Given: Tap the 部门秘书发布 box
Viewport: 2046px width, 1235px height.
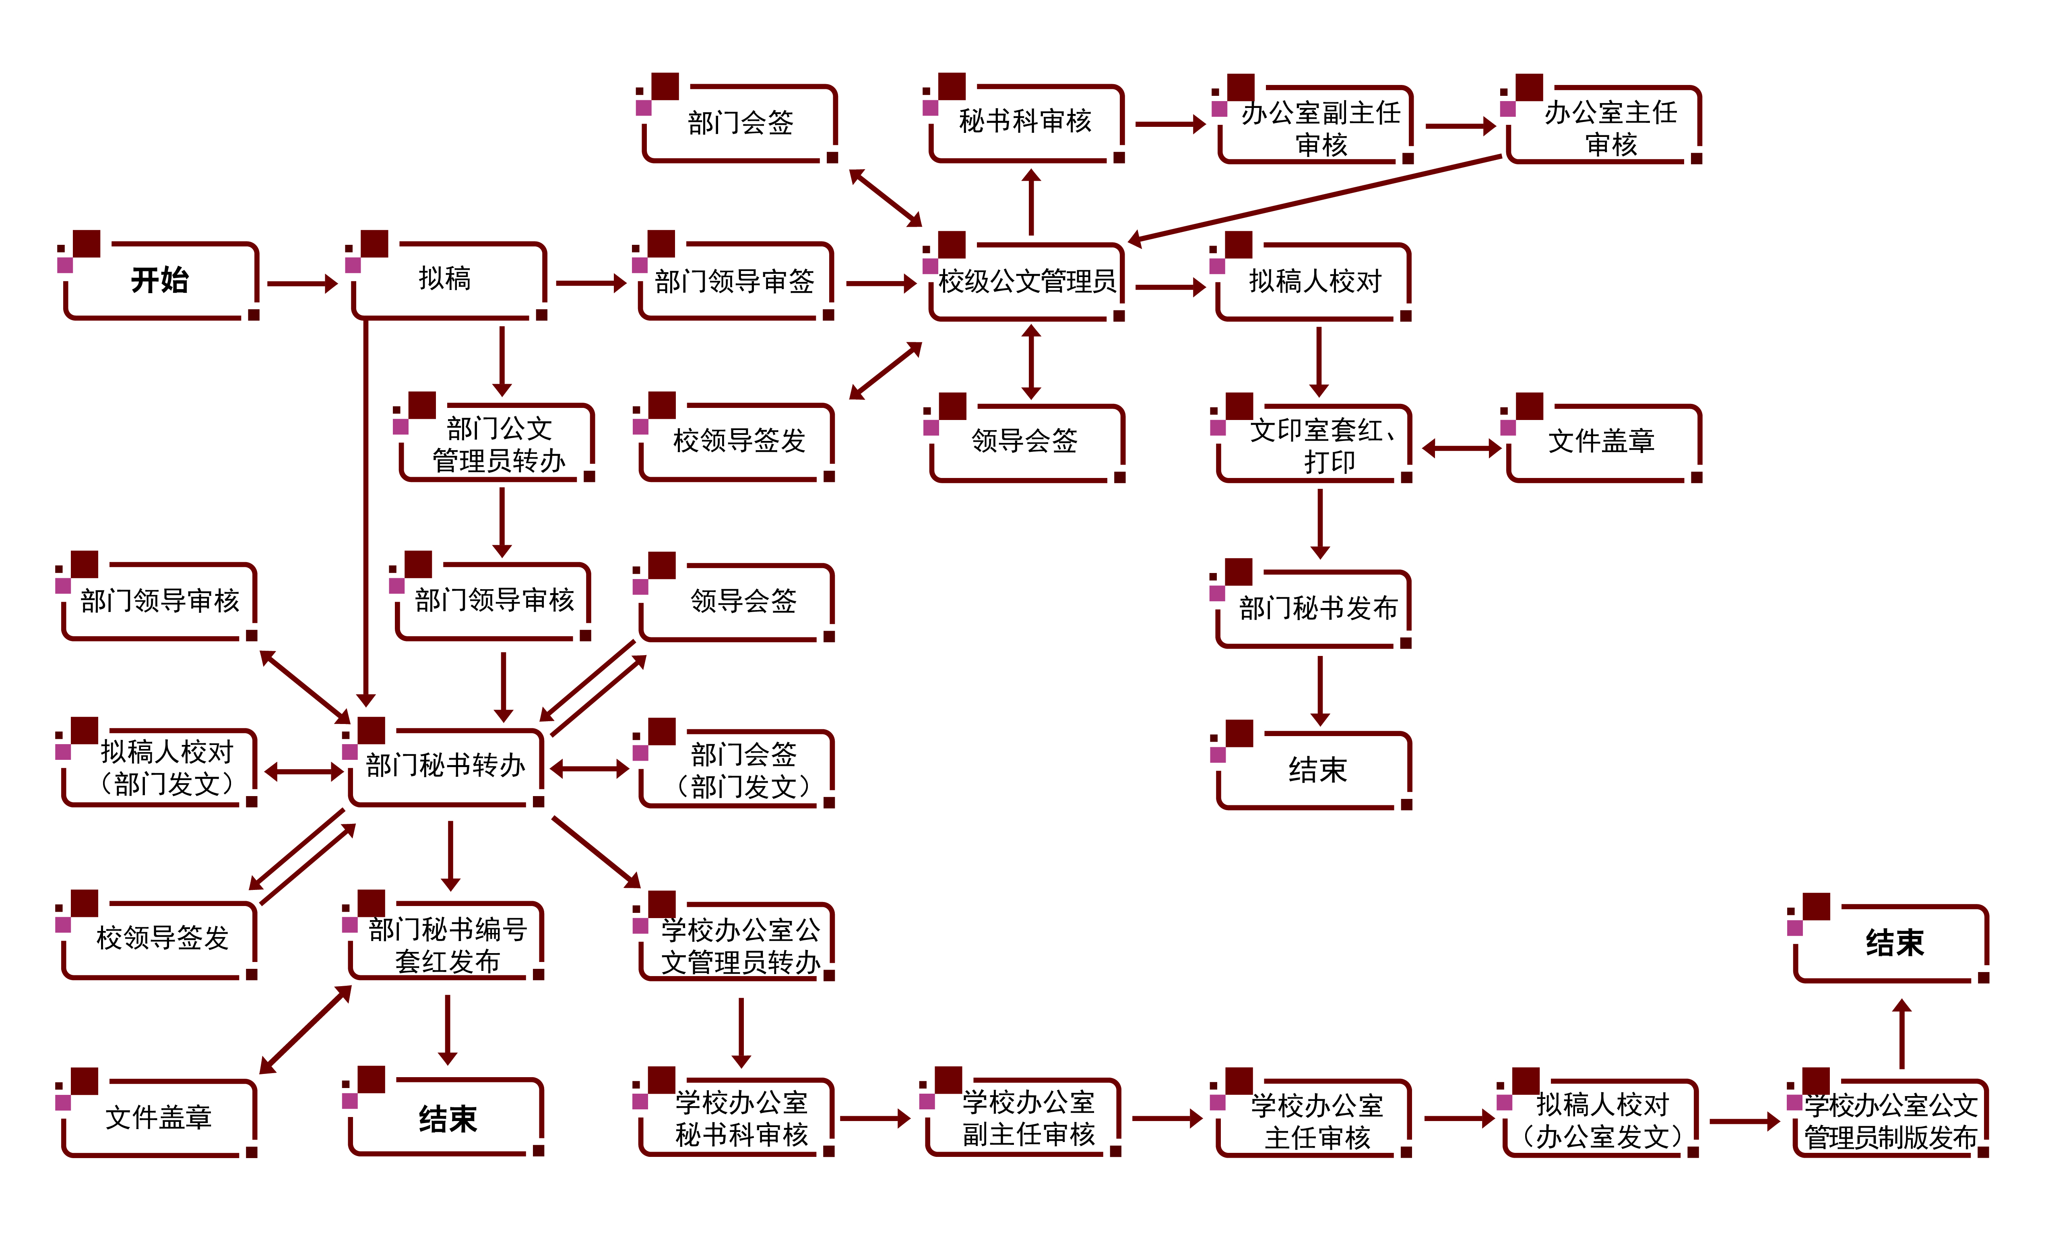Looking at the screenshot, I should [1318, 608].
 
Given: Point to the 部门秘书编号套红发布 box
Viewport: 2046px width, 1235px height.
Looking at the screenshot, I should [448, 944].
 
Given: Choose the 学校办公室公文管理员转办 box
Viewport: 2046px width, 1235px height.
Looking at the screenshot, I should [740, 945].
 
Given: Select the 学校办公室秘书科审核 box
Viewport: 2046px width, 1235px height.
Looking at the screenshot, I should [741, 1118].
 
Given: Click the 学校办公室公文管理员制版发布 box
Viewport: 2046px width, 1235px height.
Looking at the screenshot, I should [1891, 1120].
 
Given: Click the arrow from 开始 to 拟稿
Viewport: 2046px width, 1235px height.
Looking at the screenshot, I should [301, 284].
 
